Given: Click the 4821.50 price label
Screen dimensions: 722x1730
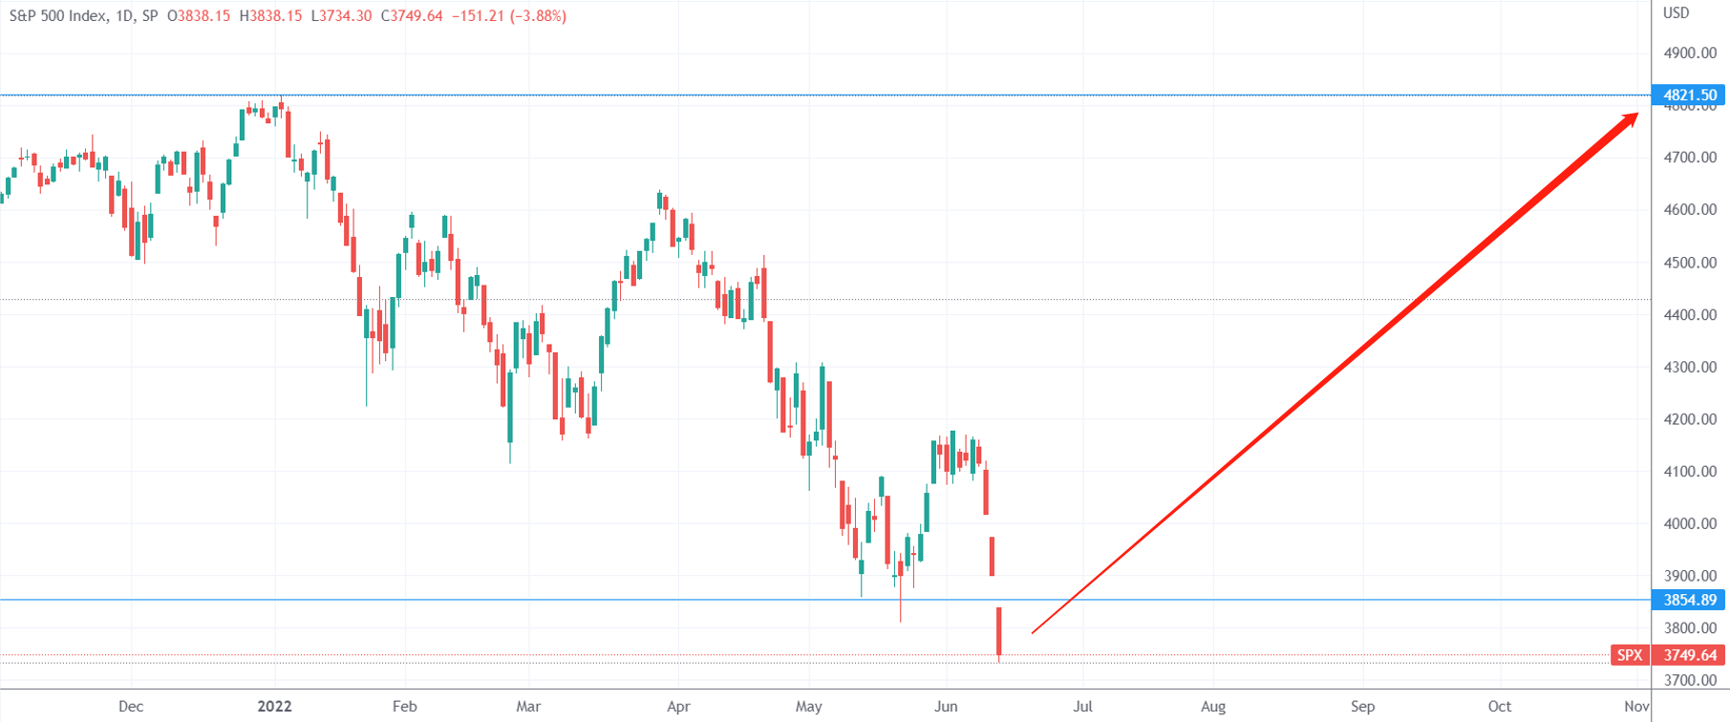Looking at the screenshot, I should click(x=1689, y=95).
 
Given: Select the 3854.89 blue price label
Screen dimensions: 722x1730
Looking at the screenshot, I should click(x=1689, y=600).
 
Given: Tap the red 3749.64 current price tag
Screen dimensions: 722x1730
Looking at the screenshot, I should click(x=1689, y=655).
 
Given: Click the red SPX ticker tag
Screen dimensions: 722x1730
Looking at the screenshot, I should click(x=1630, y=655).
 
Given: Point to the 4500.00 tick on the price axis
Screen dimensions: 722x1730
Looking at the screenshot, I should click(x=1690, y=263).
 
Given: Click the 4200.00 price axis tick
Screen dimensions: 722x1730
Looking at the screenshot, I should click(x=1690, y=419).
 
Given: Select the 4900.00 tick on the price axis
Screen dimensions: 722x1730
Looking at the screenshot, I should click(x=1690, y=53).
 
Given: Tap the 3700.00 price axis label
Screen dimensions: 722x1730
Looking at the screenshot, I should click(x=1690, y=680).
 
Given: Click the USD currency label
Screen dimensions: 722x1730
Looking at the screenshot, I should click(x=1677, y=13).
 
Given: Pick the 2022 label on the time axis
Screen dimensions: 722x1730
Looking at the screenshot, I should click(x=274, y=707).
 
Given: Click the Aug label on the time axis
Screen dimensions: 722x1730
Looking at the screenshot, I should click(x=1213, y=707).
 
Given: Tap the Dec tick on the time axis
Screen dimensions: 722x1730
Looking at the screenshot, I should click(x=131, y=707).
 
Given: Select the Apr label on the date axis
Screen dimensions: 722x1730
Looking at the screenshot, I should click(x=678, y=707).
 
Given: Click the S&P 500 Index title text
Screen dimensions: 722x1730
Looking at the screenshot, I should click(x=57, y=16).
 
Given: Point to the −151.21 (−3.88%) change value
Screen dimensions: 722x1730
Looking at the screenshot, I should click(x=508, y=16).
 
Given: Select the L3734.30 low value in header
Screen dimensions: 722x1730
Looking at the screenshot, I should click(x=341, y=16).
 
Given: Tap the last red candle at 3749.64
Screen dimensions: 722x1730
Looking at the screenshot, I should click(x=999, y=632).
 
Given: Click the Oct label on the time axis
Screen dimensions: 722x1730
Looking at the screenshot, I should click(x=1500, y=707).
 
